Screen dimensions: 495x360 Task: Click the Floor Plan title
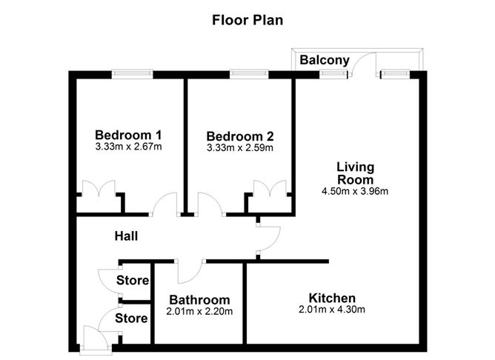pos(247,20)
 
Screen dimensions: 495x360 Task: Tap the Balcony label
pos(325,60)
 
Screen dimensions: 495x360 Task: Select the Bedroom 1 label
pos(128,135)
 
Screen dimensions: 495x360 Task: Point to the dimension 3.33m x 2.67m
pos(128,147)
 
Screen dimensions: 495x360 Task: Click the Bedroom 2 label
pos(240,136)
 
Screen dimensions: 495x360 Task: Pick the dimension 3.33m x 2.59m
pos(240,147)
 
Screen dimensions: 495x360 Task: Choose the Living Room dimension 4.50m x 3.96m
pos(355,191)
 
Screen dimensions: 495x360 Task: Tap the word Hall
pos(126,236)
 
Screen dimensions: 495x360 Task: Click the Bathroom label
pos(199,300)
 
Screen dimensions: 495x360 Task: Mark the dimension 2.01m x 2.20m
pos(199,311)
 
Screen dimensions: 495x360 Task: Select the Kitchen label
pos(332,298)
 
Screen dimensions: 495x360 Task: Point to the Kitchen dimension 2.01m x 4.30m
pos(332,309)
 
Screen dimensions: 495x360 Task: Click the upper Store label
pos(133,280)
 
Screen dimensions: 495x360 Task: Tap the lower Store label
pos(131,319)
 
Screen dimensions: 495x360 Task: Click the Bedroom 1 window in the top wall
pos(133,74)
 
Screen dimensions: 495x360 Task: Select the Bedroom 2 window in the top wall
pos(249,74)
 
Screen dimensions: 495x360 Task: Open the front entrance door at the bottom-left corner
pos(96,339)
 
